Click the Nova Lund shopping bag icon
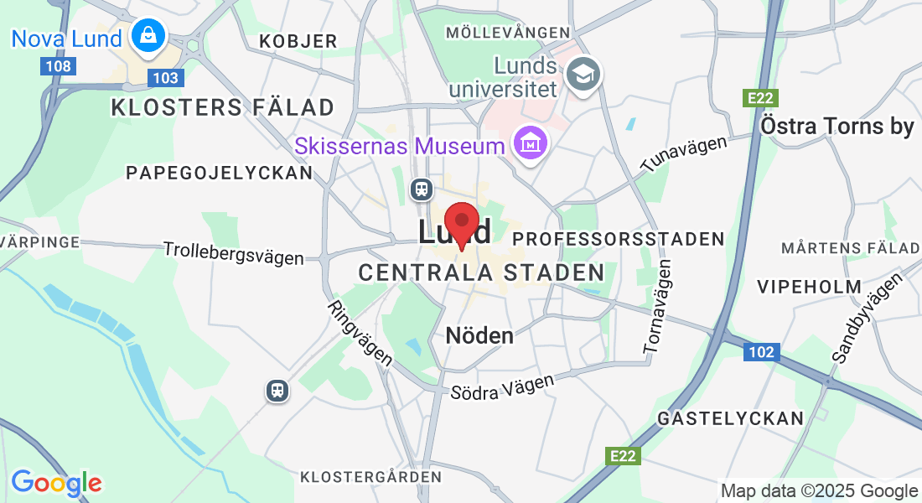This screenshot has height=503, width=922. click(x=148, y=36)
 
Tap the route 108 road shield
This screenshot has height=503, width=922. click(x=59, y=65)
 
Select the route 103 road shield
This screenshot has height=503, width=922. click(x=165, y=78)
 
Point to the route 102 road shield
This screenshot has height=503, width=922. click(x=761, y=352)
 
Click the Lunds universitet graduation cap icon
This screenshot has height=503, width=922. click(x=581, y=73)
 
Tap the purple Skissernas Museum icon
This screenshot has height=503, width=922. click(x=531, y=146)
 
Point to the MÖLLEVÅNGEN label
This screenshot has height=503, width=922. click(x=509, y=33)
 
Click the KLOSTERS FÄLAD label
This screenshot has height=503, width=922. click(x=222, y=107)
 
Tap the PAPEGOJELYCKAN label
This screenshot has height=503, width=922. click(x=219, y=173)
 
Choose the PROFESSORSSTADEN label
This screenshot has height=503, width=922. click(x=618, y=239)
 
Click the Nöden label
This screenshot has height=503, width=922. click(x=479, y=335)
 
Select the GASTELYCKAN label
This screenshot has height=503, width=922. click(x=730, y=417)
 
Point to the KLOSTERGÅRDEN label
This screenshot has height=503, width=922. click(x=370, y=476)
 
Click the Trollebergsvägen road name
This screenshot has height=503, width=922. click(x=233, y=252)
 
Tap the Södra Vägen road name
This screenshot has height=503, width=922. click(x=502, y=386)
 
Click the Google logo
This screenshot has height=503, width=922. click(x=56, y=483)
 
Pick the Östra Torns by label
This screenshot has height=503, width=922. click(x=837, y=127)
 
